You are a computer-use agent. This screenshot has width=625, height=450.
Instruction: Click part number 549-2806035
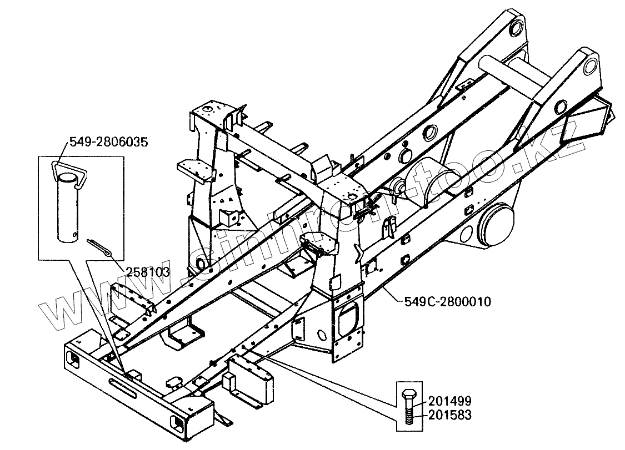click(x=109, y=142)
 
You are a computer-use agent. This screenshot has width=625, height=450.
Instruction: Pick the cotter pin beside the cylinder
click(x=100, y=247)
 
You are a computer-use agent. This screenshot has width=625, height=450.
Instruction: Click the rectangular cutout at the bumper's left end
click(x=72, y=359)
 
